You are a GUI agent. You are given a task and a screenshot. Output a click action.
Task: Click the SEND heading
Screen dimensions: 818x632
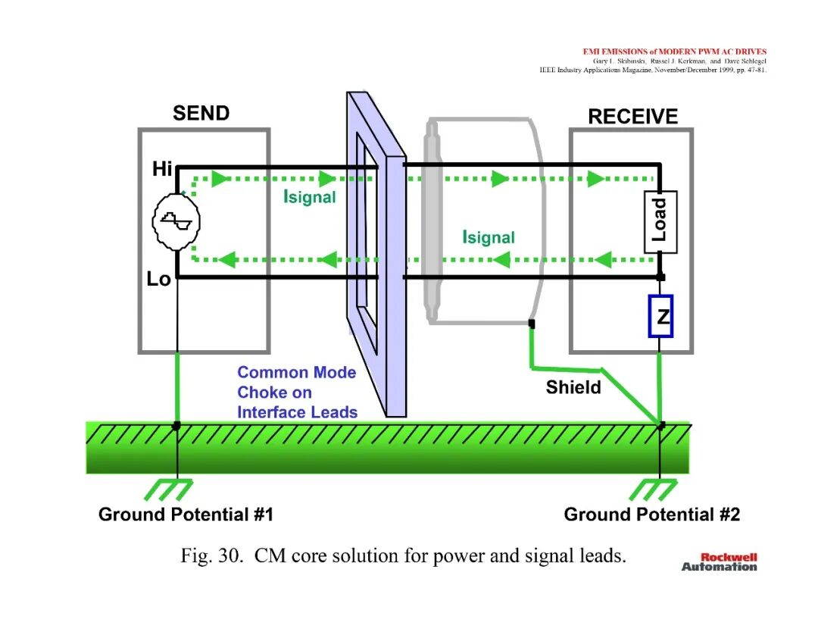tap(201, 113)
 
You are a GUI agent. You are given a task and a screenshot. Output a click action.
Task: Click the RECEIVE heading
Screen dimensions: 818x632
tap(632, 117)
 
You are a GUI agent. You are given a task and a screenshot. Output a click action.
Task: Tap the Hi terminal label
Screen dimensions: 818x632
tap(162, 169)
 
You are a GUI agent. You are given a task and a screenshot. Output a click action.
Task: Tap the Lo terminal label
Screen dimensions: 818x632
tap(158, 279)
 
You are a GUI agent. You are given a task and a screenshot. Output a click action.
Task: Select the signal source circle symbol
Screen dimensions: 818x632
tap(176, 222)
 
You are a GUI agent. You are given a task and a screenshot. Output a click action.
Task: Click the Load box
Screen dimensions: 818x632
tap(660, 222)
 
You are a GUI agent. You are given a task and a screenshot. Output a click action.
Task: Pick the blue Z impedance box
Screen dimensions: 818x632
tap(660, 316)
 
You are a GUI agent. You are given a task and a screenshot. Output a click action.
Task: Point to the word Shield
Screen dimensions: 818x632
tap(573, 387)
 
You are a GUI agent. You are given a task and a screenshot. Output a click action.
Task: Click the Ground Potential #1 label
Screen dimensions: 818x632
tap(186, 515)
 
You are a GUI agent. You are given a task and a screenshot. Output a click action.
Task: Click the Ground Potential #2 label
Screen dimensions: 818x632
tap(651, 515)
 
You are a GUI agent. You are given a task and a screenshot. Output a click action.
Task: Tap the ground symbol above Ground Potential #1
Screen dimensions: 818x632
tap(168, 490)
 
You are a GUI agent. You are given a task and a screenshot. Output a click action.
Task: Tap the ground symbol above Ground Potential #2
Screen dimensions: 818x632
tap(653, 490)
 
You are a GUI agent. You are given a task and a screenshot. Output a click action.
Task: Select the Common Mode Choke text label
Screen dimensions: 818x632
tap(298, 393)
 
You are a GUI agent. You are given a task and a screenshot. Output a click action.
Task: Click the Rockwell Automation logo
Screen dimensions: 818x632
tap(720, 562)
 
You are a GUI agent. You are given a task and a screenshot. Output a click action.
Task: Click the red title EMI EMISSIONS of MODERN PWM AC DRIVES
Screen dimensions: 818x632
tap(675, 52)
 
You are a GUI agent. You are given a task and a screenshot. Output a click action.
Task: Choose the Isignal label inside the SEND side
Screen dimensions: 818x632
tap(309, 197)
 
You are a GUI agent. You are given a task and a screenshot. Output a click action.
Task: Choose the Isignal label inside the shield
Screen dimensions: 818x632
tap(489, 237)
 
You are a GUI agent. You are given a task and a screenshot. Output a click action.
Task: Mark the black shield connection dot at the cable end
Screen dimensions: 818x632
tap(532, 324)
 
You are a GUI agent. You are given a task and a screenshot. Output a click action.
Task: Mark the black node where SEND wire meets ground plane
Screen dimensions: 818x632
tap(176, 426)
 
